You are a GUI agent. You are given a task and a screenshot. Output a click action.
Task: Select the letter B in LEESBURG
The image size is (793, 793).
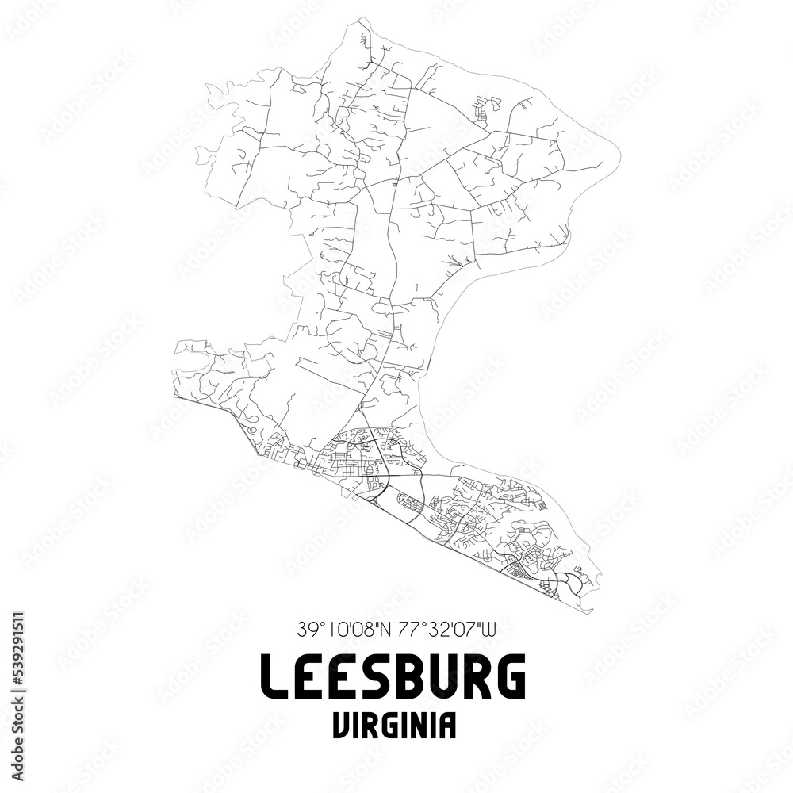click(411, 676)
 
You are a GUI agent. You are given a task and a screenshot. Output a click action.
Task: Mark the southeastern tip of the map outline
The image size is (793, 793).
click(592, 611)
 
